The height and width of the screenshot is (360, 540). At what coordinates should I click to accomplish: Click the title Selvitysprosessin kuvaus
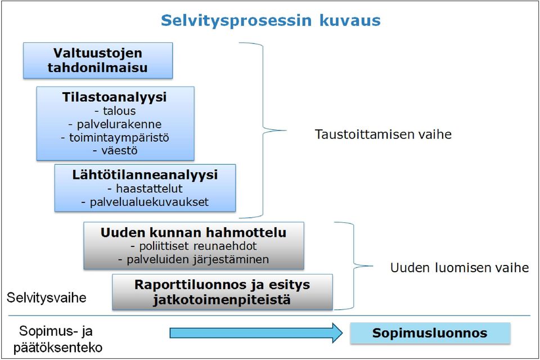point(271,21)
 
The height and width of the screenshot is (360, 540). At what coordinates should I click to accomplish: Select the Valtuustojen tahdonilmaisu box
point(98,61)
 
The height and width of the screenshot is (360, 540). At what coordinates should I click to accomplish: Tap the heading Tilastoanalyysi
point(114,97)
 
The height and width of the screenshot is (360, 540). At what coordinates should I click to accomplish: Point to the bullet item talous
point(115,111)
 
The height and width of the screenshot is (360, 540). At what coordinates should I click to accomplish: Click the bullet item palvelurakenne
point(115,124)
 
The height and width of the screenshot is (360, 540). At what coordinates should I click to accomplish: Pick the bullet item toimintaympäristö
point(115,137)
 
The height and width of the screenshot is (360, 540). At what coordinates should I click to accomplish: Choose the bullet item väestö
point(115,151)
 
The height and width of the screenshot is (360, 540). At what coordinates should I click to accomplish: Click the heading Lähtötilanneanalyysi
point(145,175)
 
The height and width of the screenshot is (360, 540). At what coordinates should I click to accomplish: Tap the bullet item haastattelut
point(145,188)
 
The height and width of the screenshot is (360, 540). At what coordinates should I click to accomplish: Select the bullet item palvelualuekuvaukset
point(145,202)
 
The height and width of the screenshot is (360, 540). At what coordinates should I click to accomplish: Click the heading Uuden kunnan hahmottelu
point(193,232)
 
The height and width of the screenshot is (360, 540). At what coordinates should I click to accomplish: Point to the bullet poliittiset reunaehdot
point(193,246)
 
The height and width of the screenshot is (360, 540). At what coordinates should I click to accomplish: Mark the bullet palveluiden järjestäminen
point(193,259)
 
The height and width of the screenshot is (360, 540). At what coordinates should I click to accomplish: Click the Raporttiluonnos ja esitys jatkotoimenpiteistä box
point(223,292)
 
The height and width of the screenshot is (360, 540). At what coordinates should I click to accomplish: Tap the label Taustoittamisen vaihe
point(383,134)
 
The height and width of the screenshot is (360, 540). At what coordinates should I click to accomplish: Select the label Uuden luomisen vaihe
point(460,268)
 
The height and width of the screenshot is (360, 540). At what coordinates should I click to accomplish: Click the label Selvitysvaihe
point(47,298)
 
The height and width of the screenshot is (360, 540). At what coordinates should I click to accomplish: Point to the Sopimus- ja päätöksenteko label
point(57,339)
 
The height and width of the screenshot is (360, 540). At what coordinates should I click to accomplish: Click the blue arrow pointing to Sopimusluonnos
point(256,333)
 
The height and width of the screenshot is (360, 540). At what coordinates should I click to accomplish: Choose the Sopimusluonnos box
point(430,333)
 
